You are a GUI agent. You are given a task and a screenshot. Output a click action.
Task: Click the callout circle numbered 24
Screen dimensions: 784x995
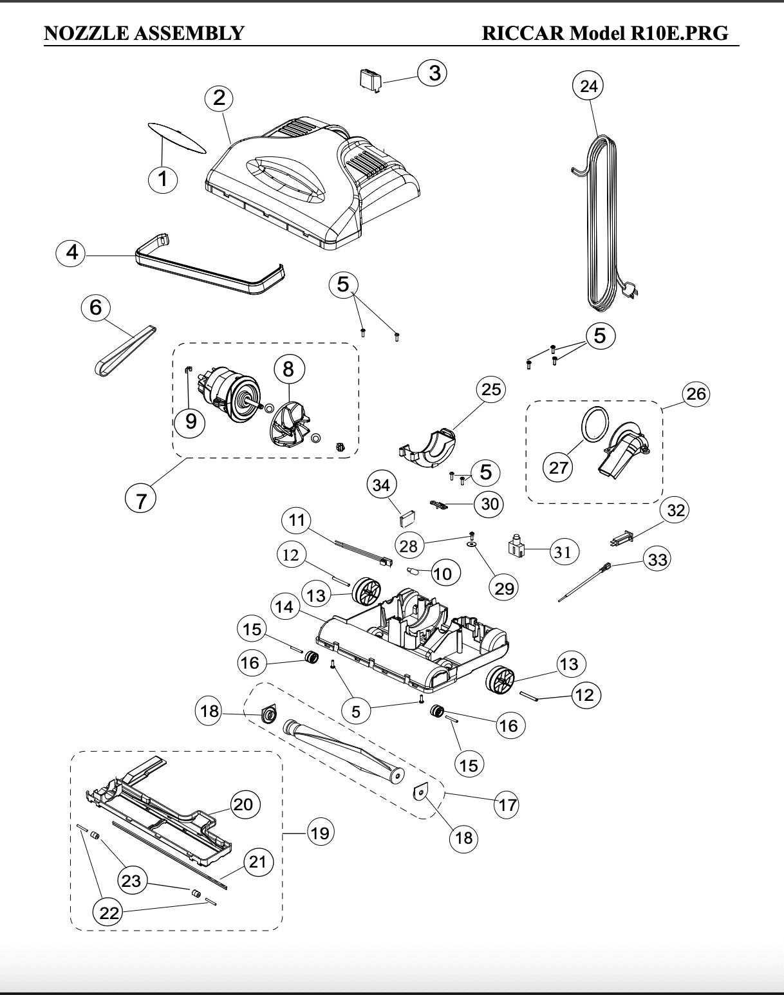point(588,86)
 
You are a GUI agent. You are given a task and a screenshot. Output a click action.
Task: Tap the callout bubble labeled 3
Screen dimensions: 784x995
point(433,73)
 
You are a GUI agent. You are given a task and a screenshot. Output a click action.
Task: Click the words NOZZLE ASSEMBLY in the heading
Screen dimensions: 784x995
point(144,33)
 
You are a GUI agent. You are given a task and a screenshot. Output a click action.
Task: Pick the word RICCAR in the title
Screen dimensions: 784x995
point(523,33)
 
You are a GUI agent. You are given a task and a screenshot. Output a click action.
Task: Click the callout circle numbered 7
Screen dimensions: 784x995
point(140,500)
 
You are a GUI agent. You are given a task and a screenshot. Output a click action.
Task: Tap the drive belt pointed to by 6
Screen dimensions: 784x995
point(125,351)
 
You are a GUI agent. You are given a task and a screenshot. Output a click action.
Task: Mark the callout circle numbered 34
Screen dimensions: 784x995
point(381,485)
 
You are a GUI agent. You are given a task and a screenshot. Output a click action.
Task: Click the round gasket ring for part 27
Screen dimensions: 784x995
point(595,423)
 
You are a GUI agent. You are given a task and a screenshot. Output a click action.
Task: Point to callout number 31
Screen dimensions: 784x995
point(563,552)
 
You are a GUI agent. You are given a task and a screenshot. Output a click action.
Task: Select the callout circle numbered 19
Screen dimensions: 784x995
point(320,833)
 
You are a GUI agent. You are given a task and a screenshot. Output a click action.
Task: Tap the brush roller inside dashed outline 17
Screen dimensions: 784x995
point(343,752)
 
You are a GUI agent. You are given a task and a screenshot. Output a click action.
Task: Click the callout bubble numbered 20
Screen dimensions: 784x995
point(243,804)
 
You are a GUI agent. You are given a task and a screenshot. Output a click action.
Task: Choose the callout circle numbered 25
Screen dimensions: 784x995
point(490,390)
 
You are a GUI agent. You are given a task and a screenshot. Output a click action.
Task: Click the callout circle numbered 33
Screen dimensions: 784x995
point(657,559)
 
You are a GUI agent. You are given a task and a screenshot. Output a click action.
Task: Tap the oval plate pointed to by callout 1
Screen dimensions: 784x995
point(176,137)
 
